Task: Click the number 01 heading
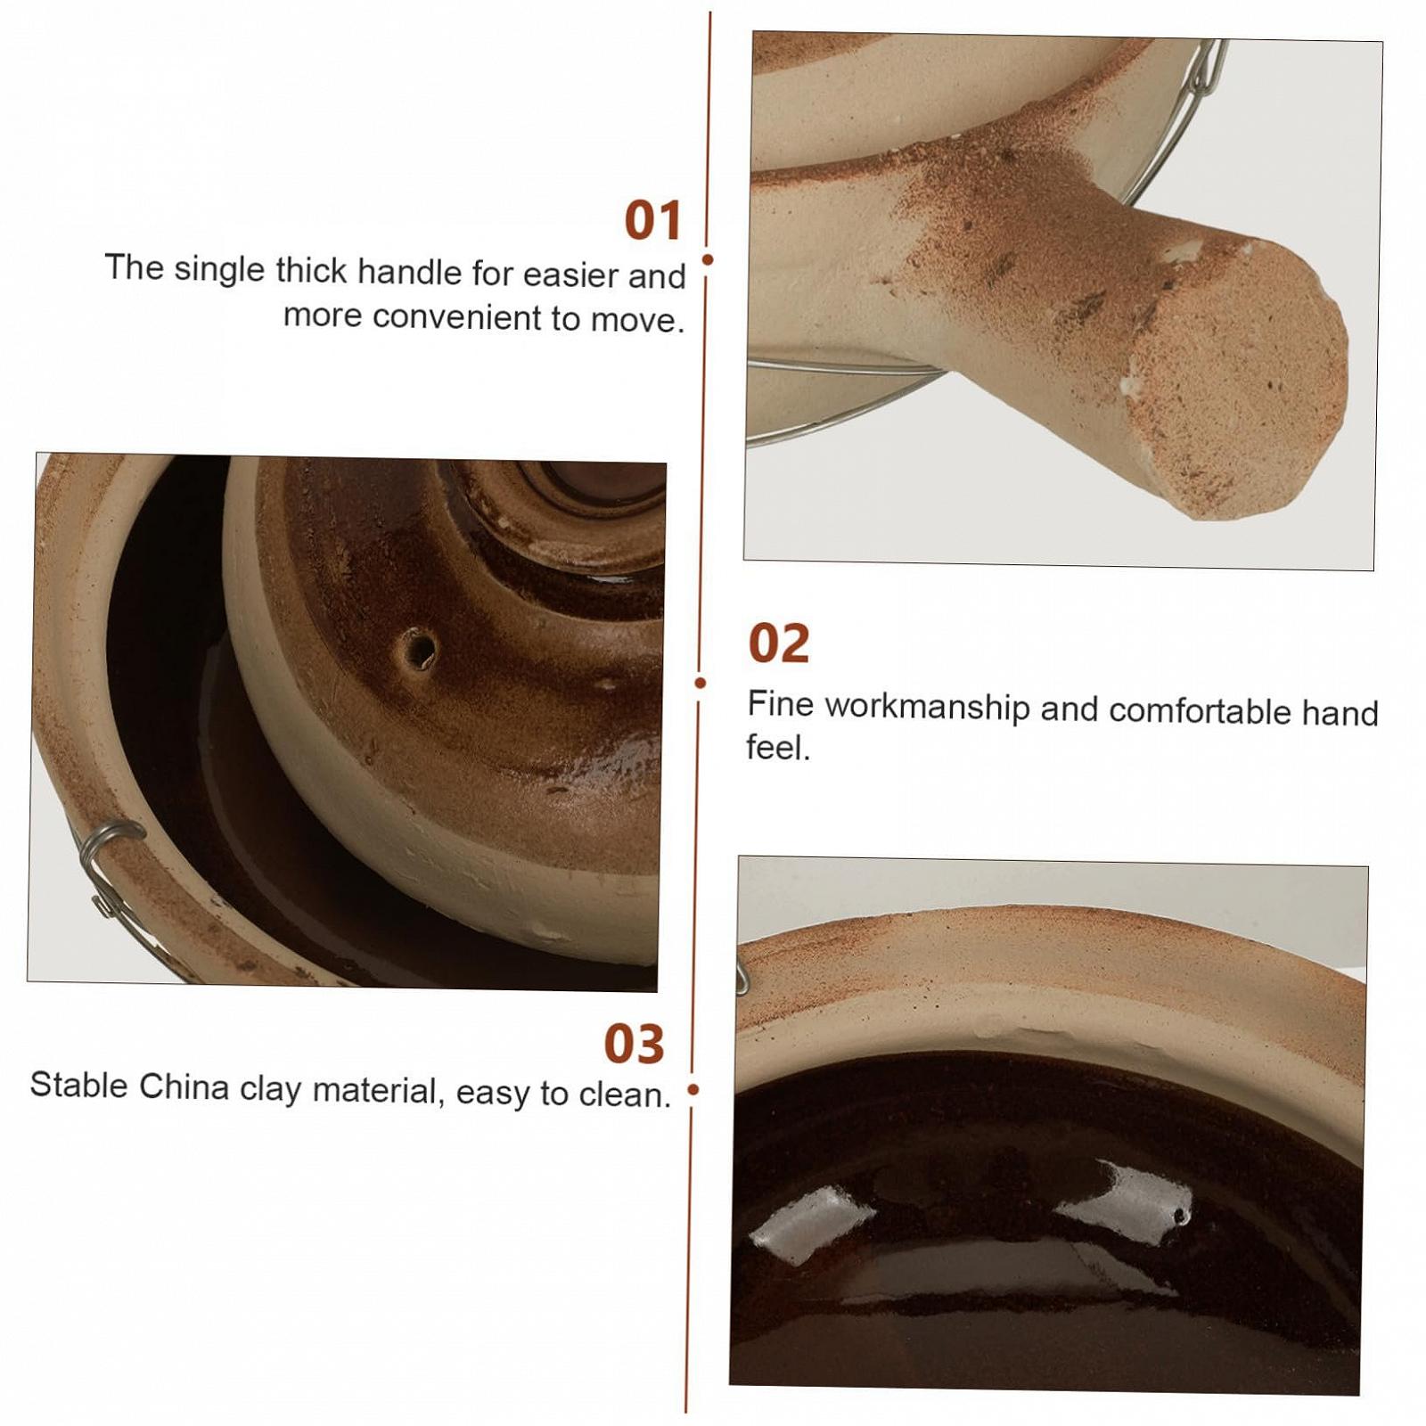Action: tap(653, 220)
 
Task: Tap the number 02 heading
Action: tap(779, 643)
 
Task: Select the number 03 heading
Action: tap(635, 1044)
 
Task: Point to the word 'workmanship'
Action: tap(928, 707)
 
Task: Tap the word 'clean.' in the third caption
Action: tap(625, 1094)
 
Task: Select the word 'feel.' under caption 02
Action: tap(778, 747)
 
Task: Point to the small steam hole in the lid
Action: tap(417, 649)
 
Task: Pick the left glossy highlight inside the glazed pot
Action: tap(812, 1224)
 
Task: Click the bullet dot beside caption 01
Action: tap(708, 259)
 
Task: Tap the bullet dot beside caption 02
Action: tap(701, 683)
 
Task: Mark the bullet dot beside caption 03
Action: tap(693, 1089)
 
